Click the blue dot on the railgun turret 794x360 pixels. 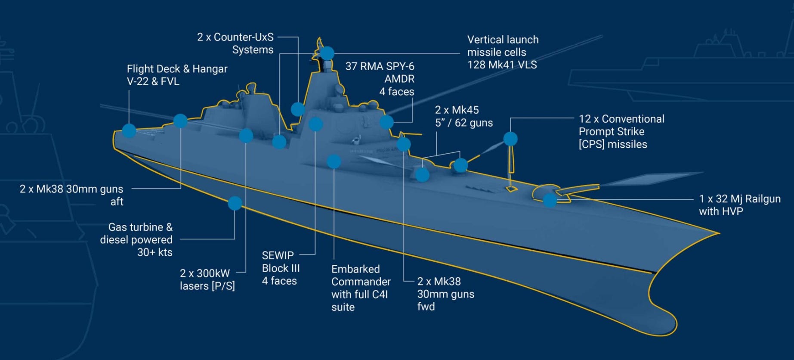[x=550, y=200]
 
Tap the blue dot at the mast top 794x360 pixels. [x=327, y=53]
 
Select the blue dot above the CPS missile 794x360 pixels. [x=510, y=139]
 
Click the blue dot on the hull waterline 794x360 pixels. [x=235, y=203]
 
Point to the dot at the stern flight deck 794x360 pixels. [x=129, y=130]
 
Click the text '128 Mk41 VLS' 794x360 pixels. [x=502, y=65]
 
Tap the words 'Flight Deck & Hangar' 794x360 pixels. [x=177, y=69]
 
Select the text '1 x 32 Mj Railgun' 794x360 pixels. [x=739, y=199]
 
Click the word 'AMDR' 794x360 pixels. [x=399, y=79]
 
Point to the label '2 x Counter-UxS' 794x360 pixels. [x=235, y=37]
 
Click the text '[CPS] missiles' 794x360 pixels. [x=612, y=144]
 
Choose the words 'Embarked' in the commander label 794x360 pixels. [x=355, y=269]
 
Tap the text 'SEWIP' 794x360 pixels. [x=278, y=255]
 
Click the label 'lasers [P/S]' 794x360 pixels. [x=207, y=286]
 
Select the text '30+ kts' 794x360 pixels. [x=154, y=252]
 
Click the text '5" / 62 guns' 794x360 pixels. [x=463, y=123]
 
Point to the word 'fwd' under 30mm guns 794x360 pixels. [x=426, y=307]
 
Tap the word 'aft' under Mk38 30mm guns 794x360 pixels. [x=117, y=202]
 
